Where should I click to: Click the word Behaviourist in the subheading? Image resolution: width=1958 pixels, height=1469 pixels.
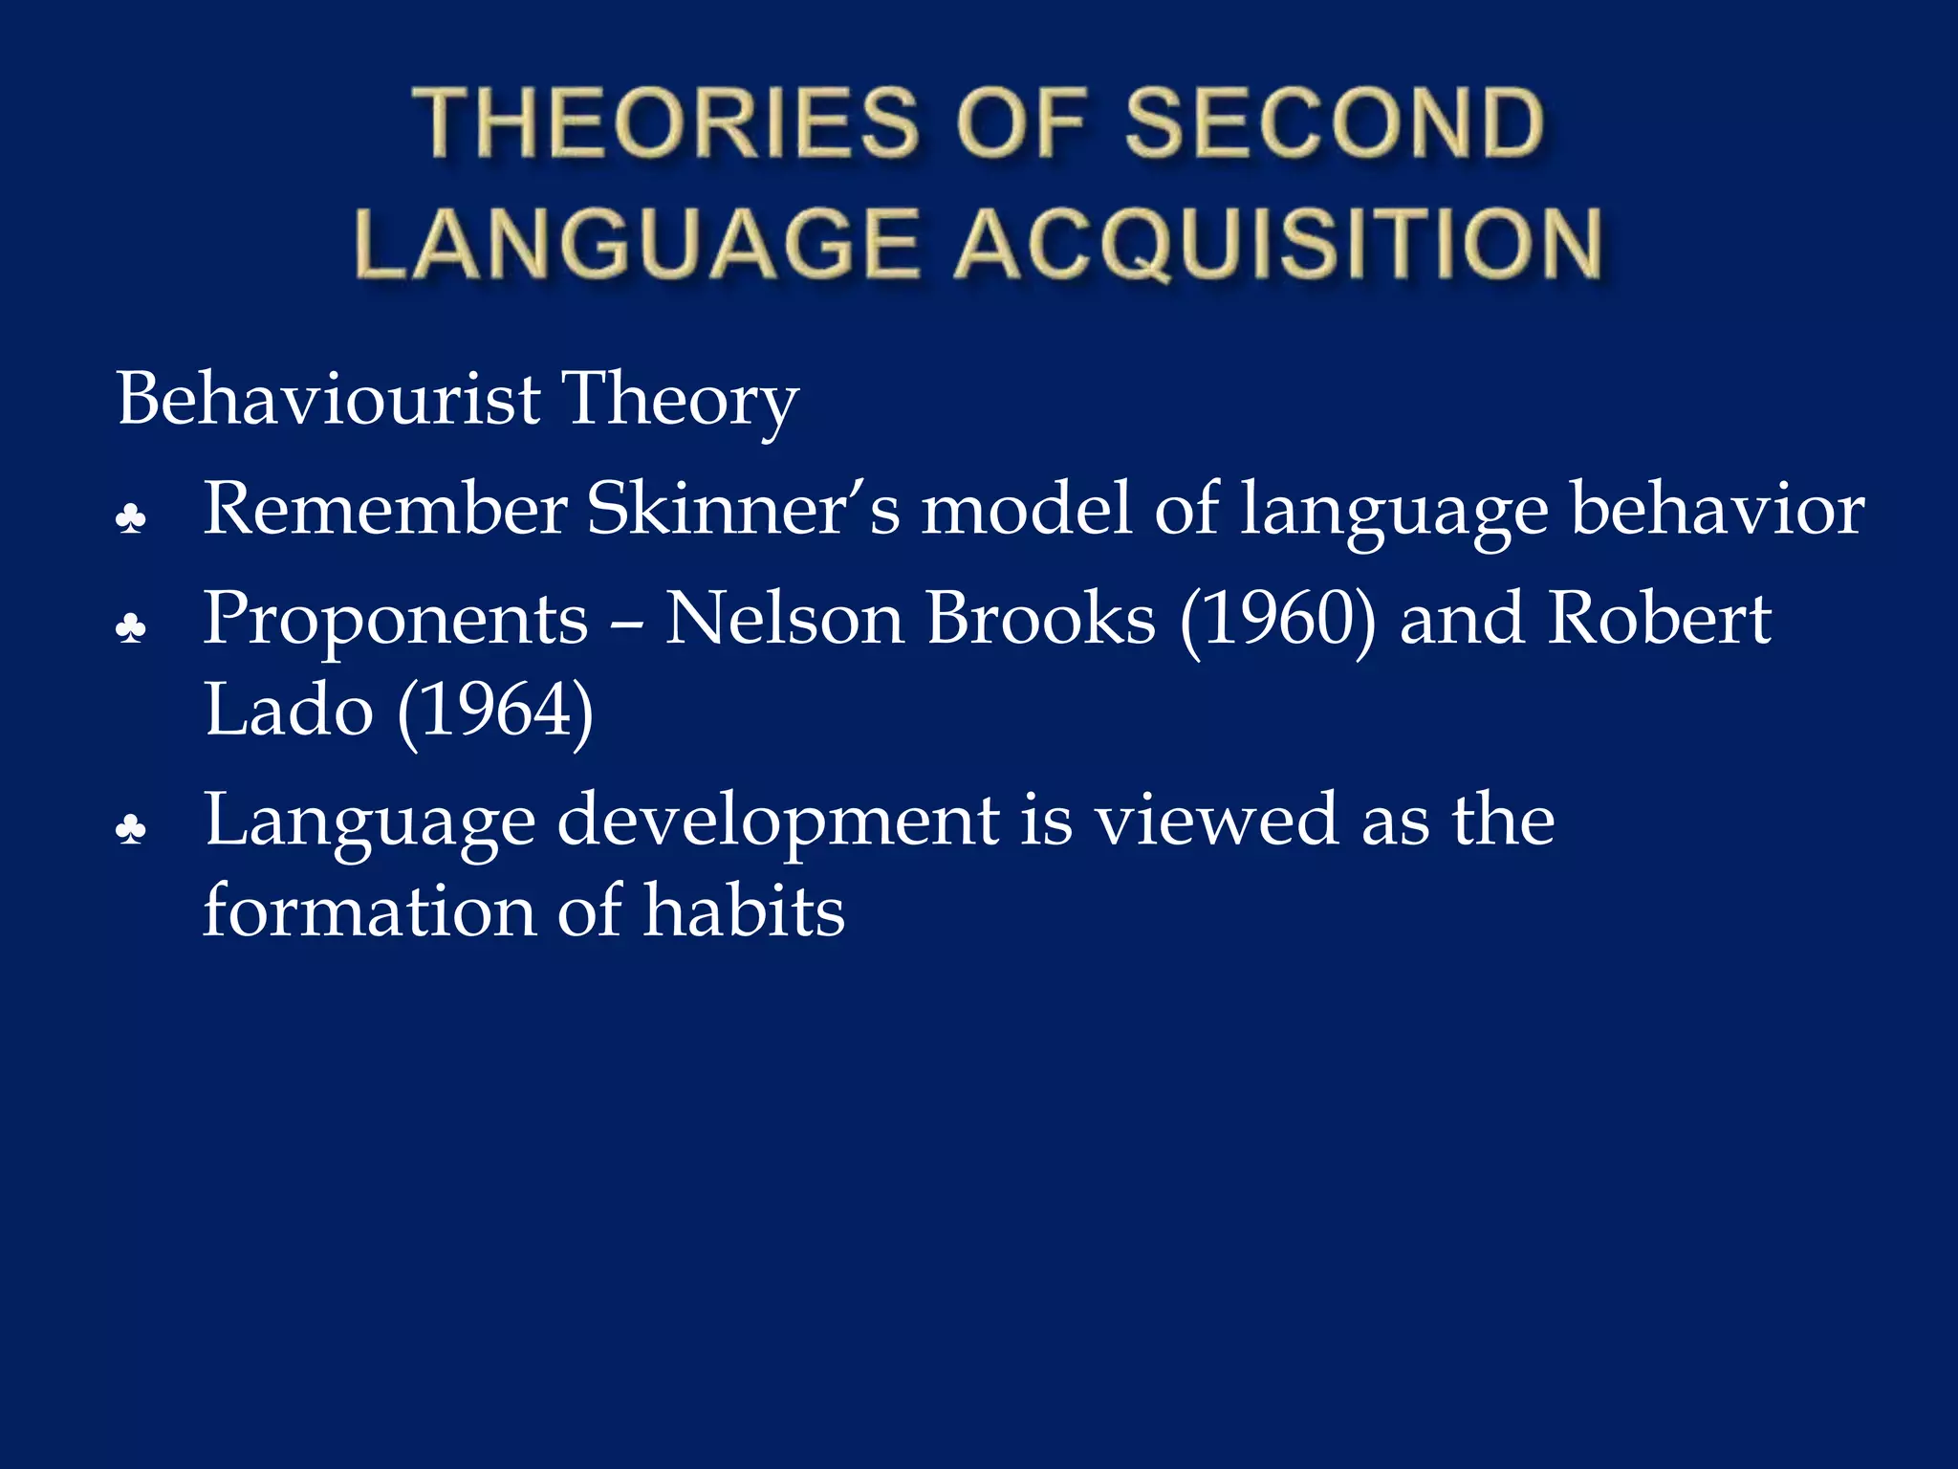[328, 399]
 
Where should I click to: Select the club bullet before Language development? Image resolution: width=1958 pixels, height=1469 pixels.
[131, 829]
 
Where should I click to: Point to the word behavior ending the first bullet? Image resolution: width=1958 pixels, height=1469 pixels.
[1717, 509]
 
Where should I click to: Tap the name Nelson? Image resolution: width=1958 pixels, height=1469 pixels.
[784, 618]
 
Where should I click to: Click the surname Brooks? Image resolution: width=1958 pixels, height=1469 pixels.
[1041, 618]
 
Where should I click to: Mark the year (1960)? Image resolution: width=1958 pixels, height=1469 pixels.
[1278, 620]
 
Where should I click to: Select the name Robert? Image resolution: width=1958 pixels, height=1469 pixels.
[1659, 618]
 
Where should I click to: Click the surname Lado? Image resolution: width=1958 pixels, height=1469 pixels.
[288, 710]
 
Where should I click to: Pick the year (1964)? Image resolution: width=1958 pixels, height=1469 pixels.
[495, 712]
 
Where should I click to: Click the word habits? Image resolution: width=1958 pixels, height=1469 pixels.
[744, 910]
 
